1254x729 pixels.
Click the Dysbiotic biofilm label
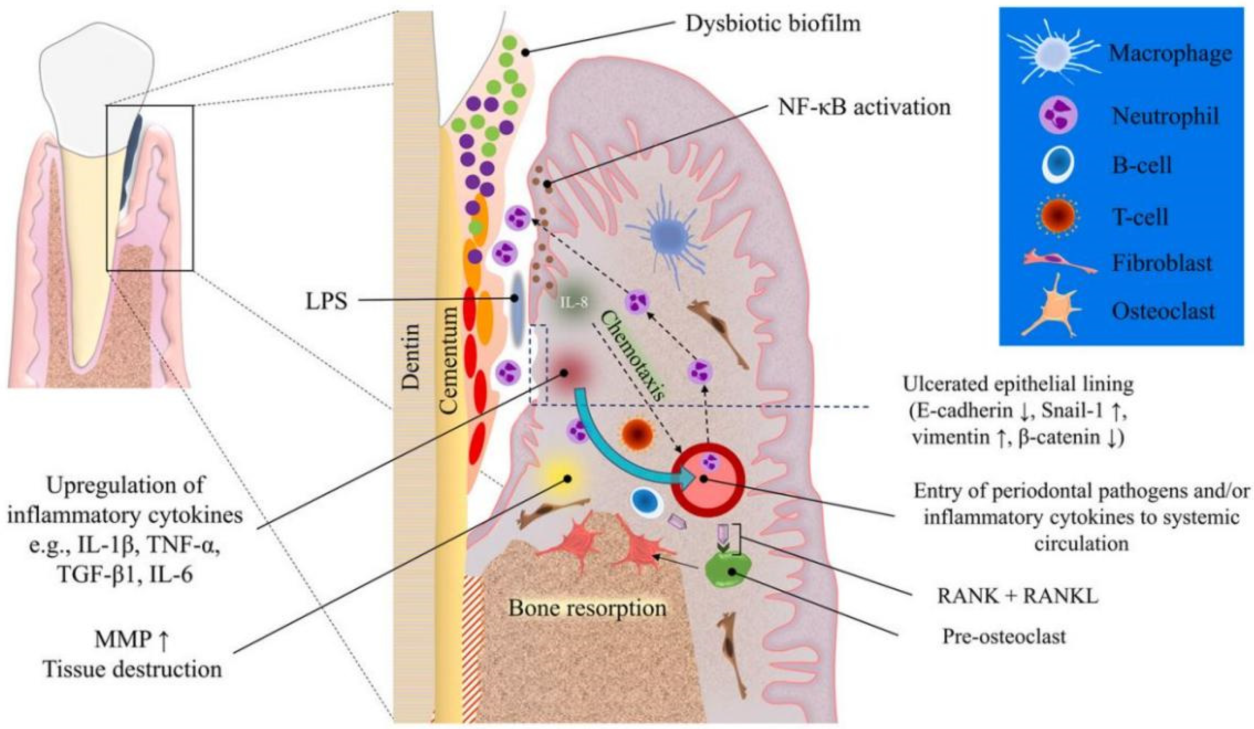click(773, 24)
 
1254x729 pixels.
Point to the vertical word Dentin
click(411, 356)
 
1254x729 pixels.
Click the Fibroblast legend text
click(1162, 262)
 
